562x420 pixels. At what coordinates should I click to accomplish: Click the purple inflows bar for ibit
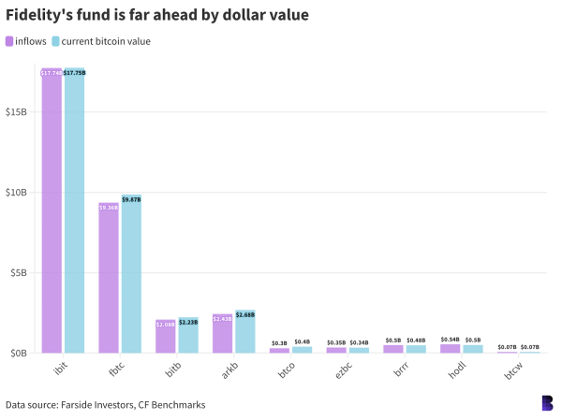point(52,210)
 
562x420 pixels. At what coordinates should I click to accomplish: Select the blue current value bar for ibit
point(74,210)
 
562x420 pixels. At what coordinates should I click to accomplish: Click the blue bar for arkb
point(245,332)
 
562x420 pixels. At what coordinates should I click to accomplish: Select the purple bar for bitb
point(166,337)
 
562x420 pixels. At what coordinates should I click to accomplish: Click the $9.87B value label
point(131,200)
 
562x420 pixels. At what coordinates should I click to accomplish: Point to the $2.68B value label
point(245,315)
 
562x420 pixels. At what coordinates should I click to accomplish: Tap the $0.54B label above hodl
point(451,340)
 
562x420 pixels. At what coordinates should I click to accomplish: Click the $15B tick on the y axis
point(18,112)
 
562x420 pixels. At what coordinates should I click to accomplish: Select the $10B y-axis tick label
point(18,193)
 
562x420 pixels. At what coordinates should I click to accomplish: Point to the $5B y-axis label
point(21,273)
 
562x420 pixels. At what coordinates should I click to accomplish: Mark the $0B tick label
point(21,354)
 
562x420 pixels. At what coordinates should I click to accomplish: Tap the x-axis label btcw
point(511,371)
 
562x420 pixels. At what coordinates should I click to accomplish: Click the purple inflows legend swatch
point(9,41)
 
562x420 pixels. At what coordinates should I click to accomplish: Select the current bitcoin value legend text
point(106,41)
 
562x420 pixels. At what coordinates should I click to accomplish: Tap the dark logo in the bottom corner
point(547,403)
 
